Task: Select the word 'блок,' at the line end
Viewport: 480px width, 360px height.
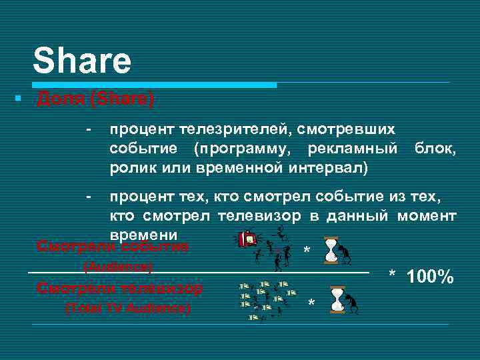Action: coord(435,147)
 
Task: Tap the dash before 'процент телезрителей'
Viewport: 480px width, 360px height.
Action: coord(88,128)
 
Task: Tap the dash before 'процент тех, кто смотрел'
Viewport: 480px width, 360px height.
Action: coord(88,196)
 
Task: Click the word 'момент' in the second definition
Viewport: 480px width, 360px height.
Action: coord(427,215)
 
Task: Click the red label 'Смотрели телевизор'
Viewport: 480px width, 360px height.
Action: coord(120,288)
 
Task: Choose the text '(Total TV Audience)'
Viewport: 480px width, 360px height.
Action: coord(127,308)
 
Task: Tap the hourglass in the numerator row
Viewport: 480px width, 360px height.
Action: coord(331,250)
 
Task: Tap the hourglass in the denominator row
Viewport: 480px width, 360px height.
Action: coord(337,299)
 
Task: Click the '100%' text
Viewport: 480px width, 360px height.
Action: coord(431,276)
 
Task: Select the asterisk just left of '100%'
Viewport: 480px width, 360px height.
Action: coord(393,275)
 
